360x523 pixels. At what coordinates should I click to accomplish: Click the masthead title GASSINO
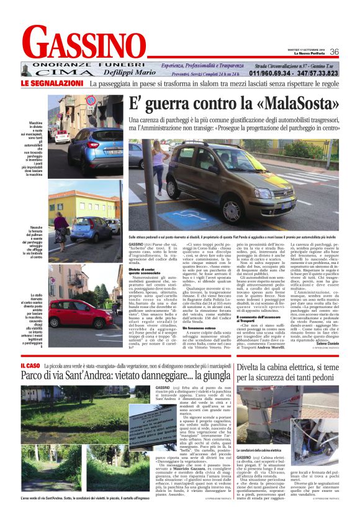point(87,44)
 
